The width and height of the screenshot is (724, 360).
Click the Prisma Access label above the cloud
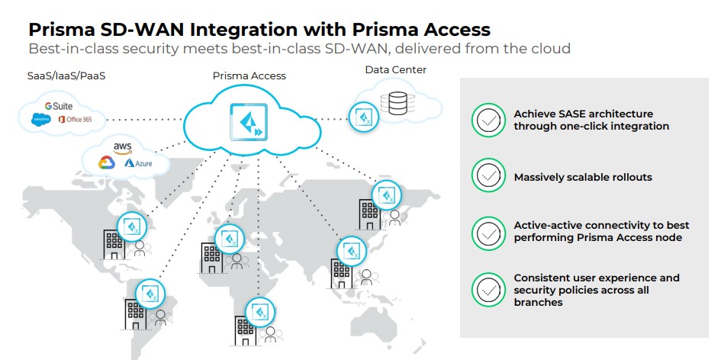(249, 76)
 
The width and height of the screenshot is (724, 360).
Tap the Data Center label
(395, 69)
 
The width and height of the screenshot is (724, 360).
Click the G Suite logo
(58, 106)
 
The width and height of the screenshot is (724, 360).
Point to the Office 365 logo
(75, 120)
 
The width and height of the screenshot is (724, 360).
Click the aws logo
(123, 146)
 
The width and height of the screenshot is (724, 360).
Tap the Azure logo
(140, 162)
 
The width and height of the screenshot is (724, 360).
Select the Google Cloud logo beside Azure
(106, 162)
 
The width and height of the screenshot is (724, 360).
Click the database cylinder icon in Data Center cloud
(398, 104)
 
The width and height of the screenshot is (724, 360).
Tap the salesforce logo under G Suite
(40, 120)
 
